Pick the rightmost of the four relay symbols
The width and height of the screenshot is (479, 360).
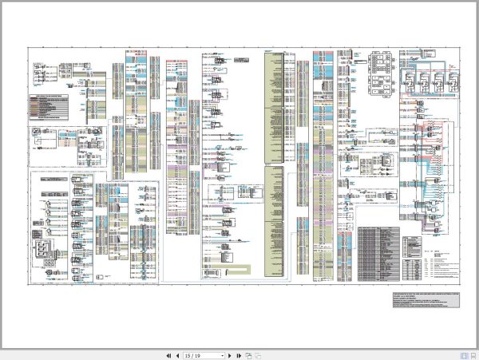pos(450,84)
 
